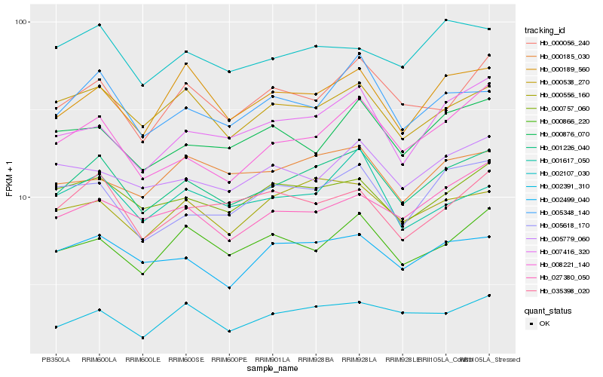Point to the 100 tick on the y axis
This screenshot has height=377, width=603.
[20, 22]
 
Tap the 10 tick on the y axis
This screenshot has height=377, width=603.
[22, 197]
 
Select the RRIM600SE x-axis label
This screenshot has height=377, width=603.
[185, 360]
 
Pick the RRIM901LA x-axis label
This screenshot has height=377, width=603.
[272, 360]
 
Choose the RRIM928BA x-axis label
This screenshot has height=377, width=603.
[316, 360]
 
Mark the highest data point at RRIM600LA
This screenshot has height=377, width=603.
[99, 25]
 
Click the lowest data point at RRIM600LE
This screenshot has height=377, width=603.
[142, 338]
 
